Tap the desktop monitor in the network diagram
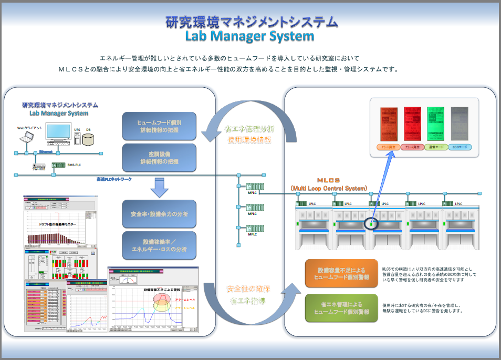(x=58, y=133)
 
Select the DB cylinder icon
(x=88, y=139)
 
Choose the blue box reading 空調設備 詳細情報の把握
(x=159, y=158)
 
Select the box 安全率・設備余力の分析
(x=159, y=214)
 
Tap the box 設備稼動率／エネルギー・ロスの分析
(x=159, y=245)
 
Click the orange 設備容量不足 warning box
(x=341, y=273)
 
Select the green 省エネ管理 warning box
(x=341, y=308)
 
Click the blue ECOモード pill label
(x=460, y=148)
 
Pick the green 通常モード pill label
(x=436, y=148)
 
